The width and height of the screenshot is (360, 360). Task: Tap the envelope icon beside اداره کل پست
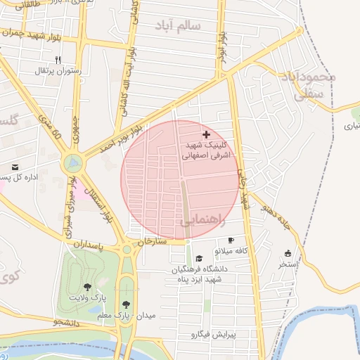point(15,167)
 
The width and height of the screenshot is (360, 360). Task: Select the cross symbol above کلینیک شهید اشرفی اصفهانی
point(206,134)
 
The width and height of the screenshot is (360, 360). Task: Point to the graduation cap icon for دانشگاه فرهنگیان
point(199,258)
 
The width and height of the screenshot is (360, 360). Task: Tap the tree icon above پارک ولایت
point(87,287)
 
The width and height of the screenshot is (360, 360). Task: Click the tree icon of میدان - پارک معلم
point(126,304)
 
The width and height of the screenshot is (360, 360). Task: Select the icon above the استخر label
point(288,253)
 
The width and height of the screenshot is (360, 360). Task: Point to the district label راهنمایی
point(203,221)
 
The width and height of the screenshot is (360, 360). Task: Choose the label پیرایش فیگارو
point(205,335)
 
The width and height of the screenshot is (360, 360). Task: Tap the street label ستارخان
point(151,241)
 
